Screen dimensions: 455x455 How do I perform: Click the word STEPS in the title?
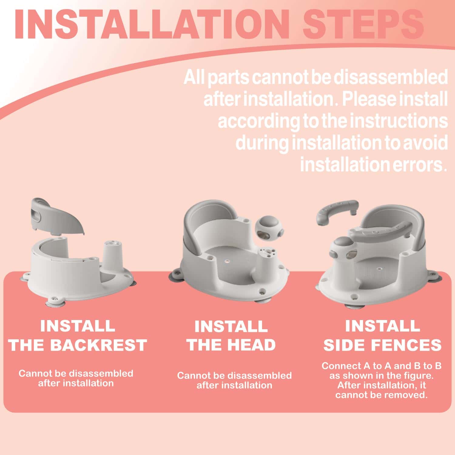click(x=363, y=25)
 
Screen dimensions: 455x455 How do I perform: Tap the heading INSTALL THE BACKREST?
click(x=78, y=335)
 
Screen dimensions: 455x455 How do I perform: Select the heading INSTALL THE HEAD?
click(x=231, y=335)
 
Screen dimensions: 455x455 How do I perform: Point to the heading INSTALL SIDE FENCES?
click(x=383, y=335)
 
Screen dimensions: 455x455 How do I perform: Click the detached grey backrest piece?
click(x=58, y=216)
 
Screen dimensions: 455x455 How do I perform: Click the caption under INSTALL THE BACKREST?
click(x=76, y=378)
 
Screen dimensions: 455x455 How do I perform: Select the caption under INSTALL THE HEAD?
click(x=234, y=380)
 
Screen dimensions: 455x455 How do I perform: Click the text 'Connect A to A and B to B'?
click(x=381, y=366)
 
